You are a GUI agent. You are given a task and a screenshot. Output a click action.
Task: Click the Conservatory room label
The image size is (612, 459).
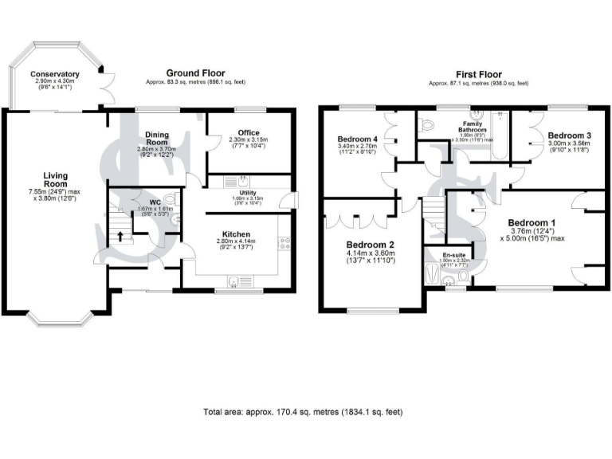tap(53, 73)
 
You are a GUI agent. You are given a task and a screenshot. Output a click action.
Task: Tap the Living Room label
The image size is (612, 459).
tap(56, 180)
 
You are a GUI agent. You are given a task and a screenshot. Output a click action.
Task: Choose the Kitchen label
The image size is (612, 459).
tap(237, 234)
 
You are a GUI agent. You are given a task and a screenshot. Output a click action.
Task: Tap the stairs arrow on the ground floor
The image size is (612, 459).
tap(120, 236)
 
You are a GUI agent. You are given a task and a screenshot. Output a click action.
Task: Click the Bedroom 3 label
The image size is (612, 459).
tap(567, 135)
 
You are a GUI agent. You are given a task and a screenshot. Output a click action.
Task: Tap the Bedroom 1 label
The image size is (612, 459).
tap(532, 222)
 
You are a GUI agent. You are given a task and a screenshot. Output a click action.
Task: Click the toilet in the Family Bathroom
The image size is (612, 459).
tap(428, 124)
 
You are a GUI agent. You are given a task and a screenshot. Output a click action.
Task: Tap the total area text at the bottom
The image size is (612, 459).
tap(304, 412)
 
